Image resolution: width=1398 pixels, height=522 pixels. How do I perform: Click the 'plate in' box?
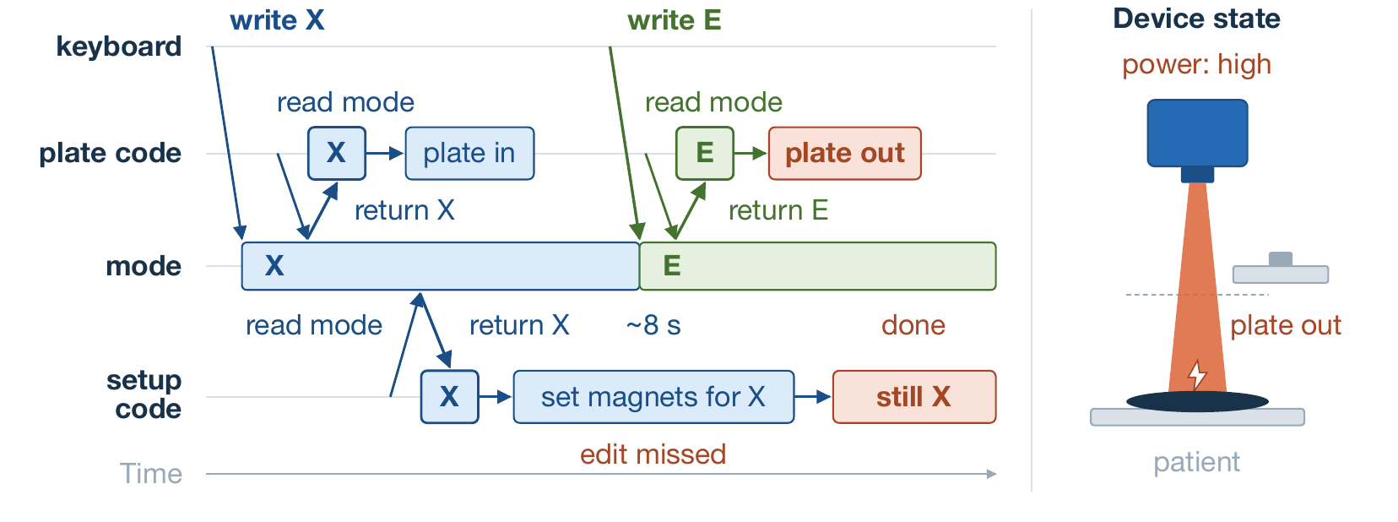pyautogui.click(x=469, y=154)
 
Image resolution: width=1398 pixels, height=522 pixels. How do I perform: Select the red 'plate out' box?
pyautogui.click(x=844, y=154)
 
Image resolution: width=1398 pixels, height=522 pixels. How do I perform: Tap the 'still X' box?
pyautogui.click(x=913, y=397)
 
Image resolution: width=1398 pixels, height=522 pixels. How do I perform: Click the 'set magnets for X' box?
pyautogui.click(x=653, y=397)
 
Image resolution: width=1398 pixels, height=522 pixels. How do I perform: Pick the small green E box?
pyautogui.click(x=705, y=154)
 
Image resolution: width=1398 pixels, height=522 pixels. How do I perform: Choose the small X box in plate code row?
pyautogui.click(x=336, y=154)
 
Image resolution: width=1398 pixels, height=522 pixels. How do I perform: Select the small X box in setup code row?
pyautogui.click(x=449, y=397)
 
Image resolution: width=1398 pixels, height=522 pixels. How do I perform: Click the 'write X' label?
pyautogui.click(x=277, y=20)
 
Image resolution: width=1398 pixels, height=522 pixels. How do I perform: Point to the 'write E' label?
pyautogui.click(x=674, y=20)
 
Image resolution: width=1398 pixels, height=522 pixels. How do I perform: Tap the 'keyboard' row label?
pyautogui.click(x=118, y=46)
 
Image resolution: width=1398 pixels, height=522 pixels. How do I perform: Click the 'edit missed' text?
pyautogui.click(x=653, y=454)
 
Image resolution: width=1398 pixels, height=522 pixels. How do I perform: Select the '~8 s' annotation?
pyautogui.click(x=653, y=325)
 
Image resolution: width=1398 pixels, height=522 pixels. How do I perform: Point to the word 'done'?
pyautogui.click(x=913, y=325)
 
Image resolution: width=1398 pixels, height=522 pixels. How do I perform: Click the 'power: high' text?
pyautogui.click(x=1196, y=65)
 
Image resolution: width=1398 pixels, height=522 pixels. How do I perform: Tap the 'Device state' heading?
pyautogui.click(x=1196, y=19)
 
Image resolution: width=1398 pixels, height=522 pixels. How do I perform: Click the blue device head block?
pyautogui.click(x=1198, y=133)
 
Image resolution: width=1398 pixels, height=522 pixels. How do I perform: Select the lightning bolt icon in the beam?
pyautogui.click(x=1196, y=375)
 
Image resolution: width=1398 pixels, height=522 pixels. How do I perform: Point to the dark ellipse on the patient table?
pyautogui.click(x=1197, y=401)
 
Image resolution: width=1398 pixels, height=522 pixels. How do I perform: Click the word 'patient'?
pyautogui.click(x=1196, y=463)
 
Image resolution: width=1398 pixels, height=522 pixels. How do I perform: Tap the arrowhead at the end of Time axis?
pyautogui.click(x=992, y=474)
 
